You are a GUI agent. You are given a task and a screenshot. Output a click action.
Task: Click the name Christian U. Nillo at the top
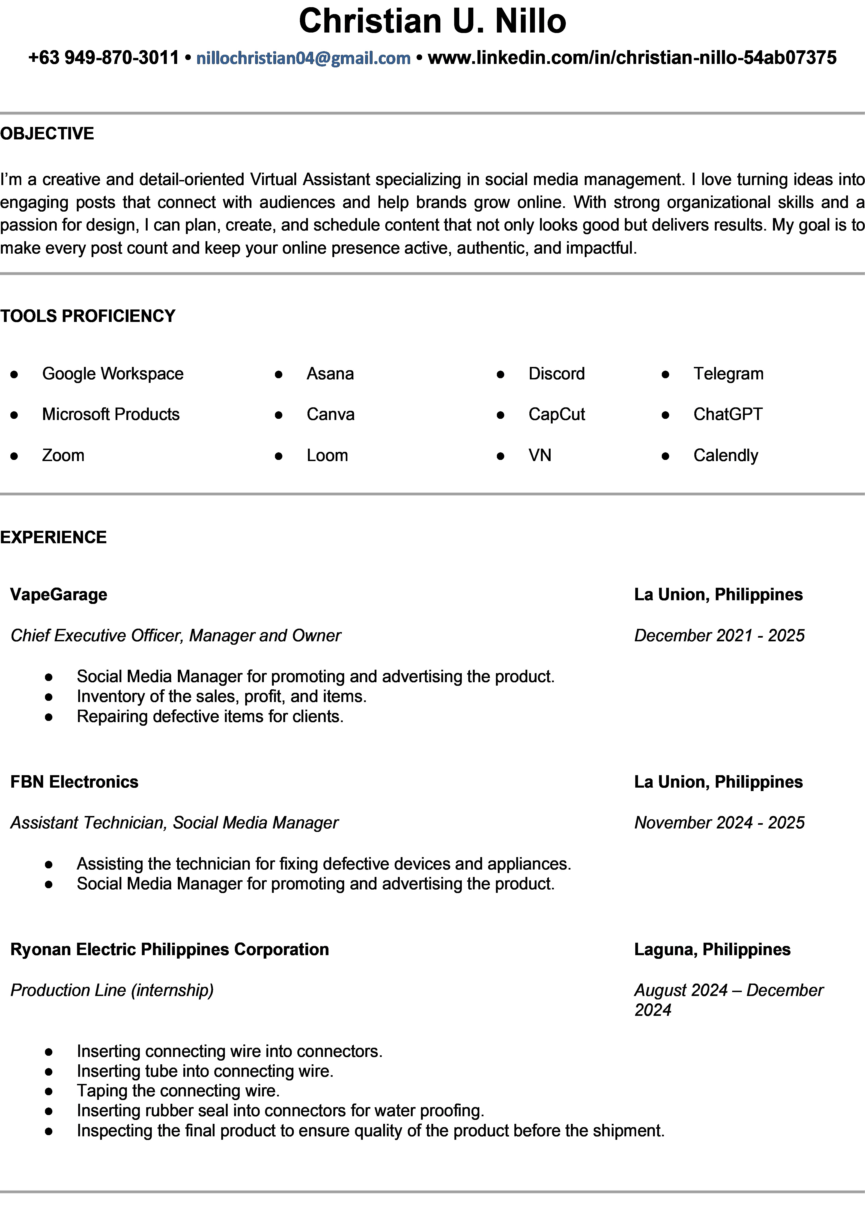432,21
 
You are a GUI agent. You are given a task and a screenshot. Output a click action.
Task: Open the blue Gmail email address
304,58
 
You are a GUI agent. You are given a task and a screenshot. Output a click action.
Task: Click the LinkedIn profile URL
632,58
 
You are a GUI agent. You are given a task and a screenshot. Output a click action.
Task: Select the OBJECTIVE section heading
47,134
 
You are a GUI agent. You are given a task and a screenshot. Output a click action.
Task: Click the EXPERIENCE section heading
54,537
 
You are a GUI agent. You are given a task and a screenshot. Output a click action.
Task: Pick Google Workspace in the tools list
113,374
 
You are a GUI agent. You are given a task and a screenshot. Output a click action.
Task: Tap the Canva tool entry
330,414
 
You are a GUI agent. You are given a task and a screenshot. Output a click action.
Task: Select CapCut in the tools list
557,414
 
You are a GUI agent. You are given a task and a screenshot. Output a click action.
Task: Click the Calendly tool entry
725,455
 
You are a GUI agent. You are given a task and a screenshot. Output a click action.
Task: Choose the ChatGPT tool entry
728,414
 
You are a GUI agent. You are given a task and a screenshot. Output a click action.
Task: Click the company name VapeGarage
59,594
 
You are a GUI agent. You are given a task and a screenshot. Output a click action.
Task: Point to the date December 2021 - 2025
719,635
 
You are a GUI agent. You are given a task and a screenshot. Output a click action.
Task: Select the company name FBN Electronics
74,782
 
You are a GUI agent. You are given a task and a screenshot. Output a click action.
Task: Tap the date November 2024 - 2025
719,822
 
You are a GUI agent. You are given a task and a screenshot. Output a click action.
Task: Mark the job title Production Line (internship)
112,990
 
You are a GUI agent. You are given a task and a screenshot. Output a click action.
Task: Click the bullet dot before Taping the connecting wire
49,1091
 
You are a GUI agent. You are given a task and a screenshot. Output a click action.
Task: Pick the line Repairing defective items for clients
210,717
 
